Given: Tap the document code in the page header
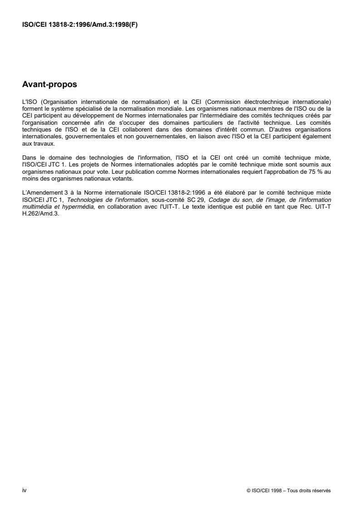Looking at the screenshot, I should pyautogui.click(x=80, y=25).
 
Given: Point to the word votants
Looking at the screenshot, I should pyautogui.click(x=110, y=178).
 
